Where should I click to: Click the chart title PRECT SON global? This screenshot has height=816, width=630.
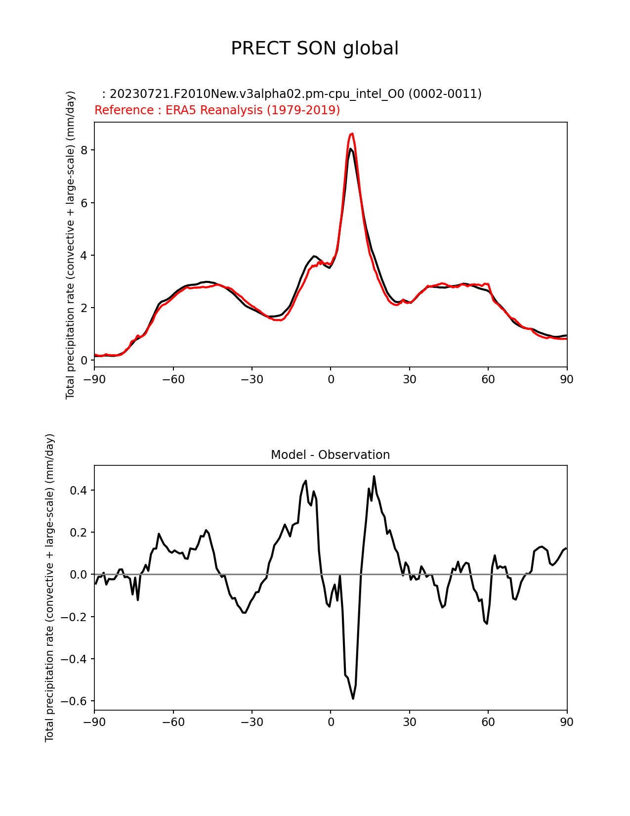[x=315, y=48]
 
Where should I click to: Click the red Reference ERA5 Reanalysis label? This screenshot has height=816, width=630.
[x=217, y=110]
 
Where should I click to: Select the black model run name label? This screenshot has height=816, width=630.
[x=292, y=94]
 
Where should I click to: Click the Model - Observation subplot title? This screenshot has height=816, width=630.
[x=330, y=455]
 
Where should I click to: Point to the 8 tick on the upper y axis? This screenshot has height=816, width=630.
[x=85, y=150]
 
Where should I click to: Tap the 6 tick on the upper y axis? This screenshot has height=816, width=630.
[x=85, y=203]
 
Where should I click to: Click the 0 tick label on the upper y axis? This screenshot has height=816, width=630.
[x=85, y=361]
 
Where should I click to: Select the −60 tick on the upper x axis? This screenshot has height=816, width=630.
[x=173, y=379]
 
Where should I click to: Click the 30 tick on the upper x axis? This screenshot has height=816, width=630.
[x=409, y=379]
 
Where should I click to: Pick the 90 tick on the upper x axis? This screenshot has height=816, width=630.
[x=567, y=379]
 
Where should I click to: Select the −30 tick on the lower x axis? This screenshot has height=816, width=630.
[x=252, y=722]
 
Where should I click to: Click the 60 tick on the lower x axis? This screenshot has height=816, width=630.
[x=488, y=722]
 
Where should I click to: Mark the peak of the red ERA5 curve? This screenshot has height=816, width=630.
[x=352, y=134]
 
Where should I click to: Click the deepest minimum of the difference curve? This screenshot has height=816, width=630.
[x=353, y=698]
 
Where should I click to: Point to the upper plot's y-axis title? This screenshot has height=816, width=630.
[x=71, y=245]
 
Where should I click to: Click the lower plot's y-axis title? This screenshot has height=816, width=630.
[x=50, y=588]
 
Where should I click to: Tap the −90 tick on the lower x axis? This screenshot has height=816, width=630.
[x=94, y=722]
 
